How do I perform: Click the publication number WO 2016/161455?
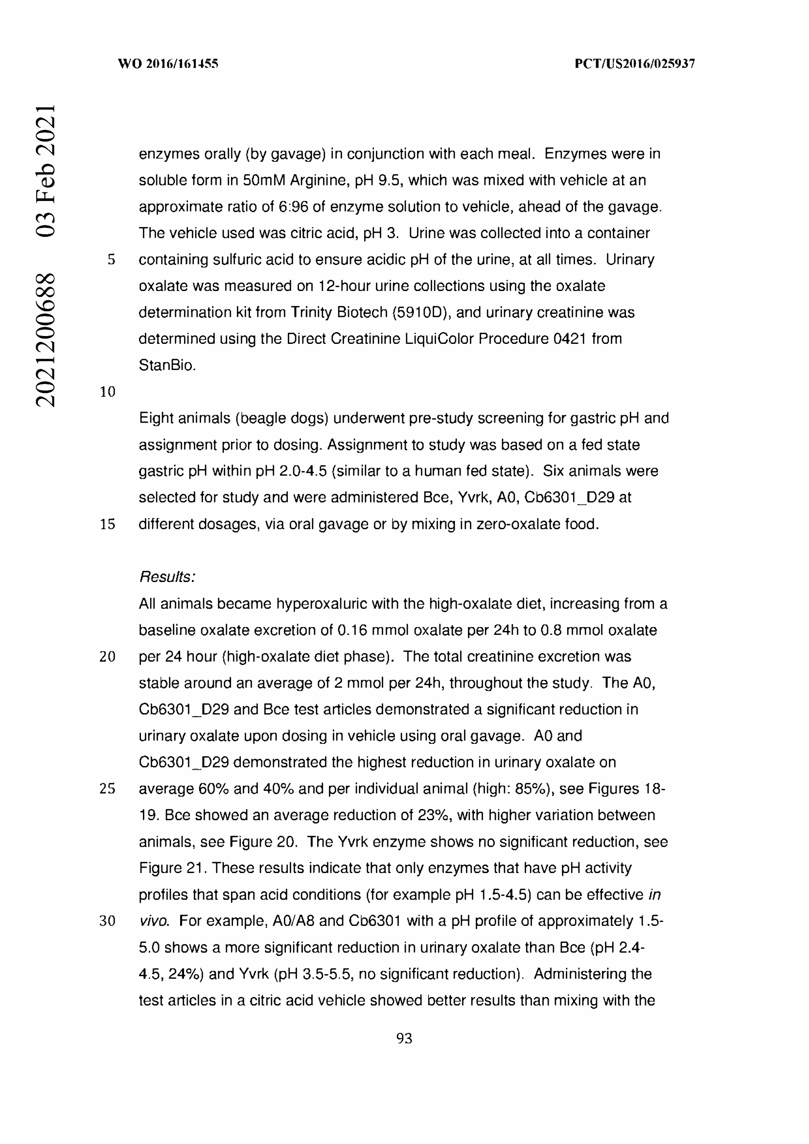(x=168, y=64)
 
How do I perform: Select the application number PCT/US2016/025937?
(x=635, y=64)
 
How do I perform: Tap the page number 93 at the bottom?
(x=404, y=1038)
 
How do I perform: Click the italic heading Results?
(x=167, y=577)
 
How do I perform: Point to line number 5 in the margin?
(x=111, y=260)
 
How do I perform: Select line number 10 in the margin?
(x=108, y=392)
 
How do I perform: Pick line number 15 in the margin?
(x=108, y=524)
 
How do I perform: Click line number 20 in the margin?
(x=108, y=657)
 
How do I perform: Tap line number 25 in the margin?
(x=108, y=789)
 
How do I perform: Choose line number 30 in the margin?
(x=108, y=921)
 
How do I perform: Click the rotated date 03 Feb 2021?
(x=45, y=170)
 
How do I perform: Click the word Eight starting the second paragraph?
(x=156, y=418)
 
